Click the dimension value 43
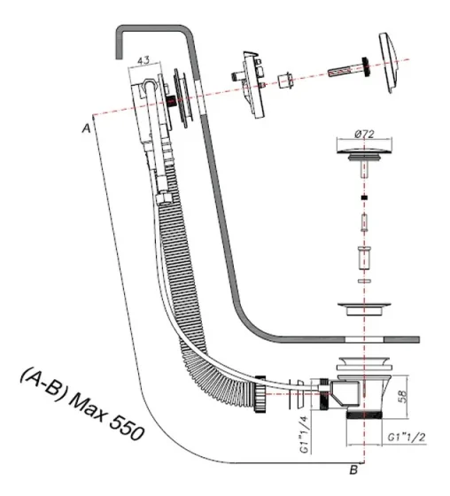coord(142,62)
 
